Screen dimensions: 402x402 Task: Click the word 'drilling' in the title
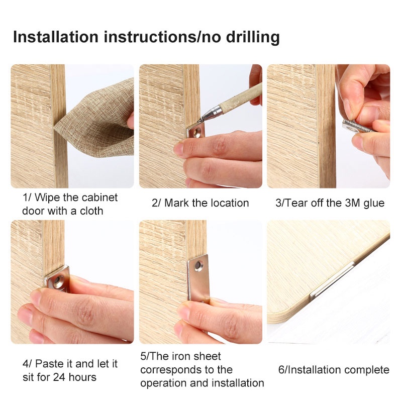[x=253, y=37]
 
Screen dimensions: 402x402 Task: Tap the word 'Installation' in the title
[x=56, y=37]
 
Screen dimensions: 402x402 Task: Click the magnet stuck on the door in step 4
[x=57, y=279]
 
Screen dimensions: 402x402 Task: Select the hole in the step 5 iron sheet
[x=198, y=265]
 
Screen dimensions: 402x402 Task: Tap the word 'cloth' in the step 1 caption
[x=91, y=211]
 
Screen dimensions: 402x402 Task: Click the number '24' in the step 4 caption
[x=59, y=377]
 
